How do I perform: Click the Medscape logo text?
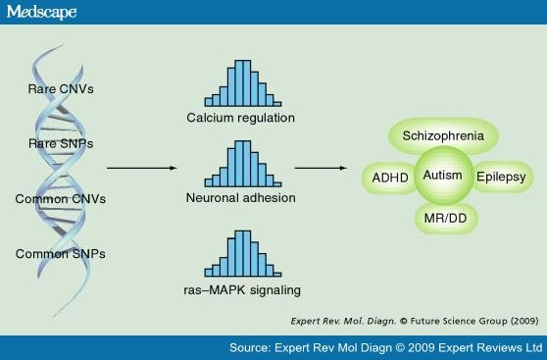point(41,12)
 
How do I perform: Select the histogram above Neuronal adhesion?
point(239,164)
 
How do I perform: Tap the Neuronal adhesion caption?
point(239,198)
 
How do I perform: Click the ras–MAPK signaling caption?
point(239,289)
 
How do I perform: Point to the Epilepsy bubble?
point(501,178)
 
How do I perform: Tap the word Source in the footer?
point(252,347)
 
